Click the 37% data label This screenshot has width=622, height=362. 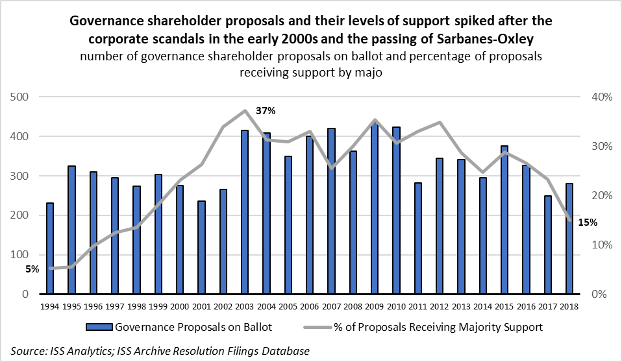click(266, 111)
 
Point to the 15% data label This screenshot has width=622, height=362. click(588, 222)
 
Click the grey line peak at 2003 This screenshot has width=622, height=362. click(245, 110)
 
